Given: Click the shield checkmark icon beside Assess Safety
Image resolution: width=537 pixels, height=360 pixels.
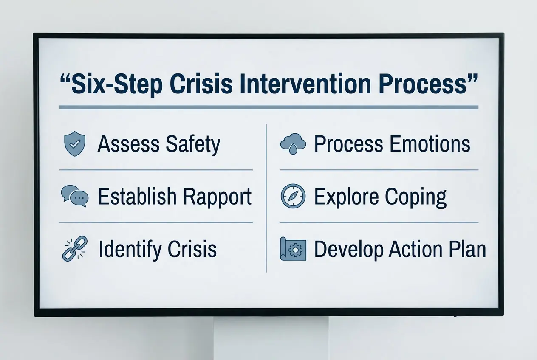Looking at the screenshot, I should pyautogui.click(x=74, y=144).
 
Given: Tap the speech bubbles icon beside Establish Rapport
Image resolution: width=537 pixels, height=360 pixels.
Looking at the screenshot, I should pyautogui.click(x=75, y=197).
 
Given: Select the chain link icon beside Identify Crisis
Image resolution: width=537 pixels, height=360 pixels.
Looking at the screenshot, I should pyautogui.click(x=74, y=248).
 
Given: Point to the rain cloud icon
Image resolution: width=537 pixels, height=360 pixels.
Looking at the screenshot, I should pyautogui.click(x=293, y=143).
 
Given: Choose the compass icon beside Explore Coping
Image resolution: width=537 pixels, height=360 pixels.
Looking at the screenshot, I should pyautogui.click(x=293, y=197).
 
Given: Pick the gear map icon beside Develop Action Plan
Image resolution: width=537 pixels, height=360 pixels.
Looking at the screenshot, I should pyautogui.click(x=293, y=249).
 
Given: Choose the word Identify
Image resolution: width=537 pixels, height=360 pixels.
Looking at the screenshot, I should pyautogui.click(x=128, y=250).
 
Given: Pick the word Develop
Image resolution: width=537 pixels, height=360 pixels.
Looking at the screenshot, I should pyautogui.click(x=350, y=250).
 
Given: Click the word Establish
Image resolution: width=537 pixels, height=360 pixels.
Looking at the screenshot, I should pyautogui.click(x=137, y=197).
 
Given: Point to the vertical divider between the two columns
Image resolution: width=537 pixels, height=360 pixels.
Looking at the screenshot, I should pyautogui.click(x=266, y=198).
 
